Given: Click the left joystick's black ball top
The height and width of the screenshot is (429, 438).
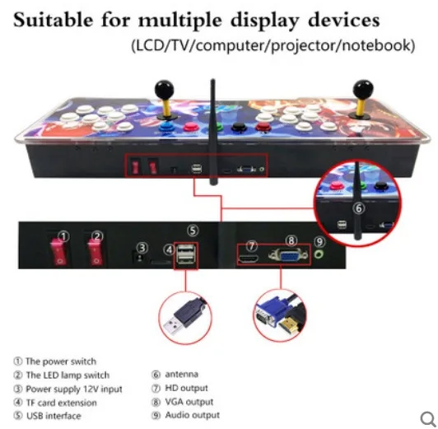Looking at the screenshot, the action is pyautogui.click(x=165, y=90).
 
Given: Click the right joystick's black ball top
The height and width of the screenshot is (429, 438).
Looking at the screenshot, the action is pyautogui.click(x=363, y=90).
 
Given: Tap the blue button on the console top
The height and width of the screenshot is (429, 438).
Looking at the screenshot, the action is pyautogui.click(x=167, y=128).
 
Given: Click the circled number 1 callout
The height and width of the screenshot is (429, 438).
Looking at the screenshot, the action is pyautogui.click(x=64, y=236).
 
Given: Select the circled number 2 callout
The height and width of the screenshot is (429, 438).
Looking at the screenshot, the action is pyautogui.click(x=97, y=236).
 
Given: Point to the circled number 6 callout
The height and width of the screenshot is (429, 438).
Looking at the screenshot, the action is pyautogui.click(x=358, y=208).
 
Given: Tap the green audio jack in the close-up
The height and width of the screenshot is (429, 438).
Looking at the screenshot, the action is pyautogui.click(x=319, y=254).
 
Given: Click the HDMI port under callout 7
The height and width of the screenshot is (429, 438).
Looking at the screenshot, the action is pyautogui.click(x=248, y=259).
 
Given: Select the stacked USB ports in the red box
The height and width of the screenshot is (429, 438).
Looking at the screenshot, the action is pyautogui.click(x=185, y=254).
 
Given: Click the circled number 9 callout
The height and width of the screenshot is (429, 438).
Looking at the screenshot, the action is pyautogui.click(x=319, y=241).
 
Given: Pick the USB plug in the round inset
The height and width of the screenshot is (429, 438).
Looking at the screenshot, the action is pyautogui.click(x=185, y=316).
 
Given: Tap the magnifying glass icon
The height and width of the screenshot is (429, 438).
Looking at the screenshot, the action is pyautogui.click(x=428, y=419).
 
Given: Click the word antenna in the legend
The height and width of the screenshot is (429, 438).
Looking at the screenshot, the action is pyautogui.click(x=182, y=375).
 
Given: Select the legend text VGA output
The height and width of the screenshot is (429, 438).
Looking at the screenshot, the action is pyautogui.click(x=189, y=402).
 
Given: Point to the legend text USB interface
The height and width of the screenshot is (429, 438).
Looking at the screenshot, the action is pyautogui.click(x=54, y=416).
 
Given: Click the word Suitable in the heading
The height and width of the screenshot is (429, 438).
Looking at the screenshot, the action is pyautogui.click(x=53, y=20).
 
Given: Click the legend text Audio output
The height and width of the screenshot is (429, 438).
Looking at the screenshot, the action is pyautogui.click(x=193, y=415).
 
